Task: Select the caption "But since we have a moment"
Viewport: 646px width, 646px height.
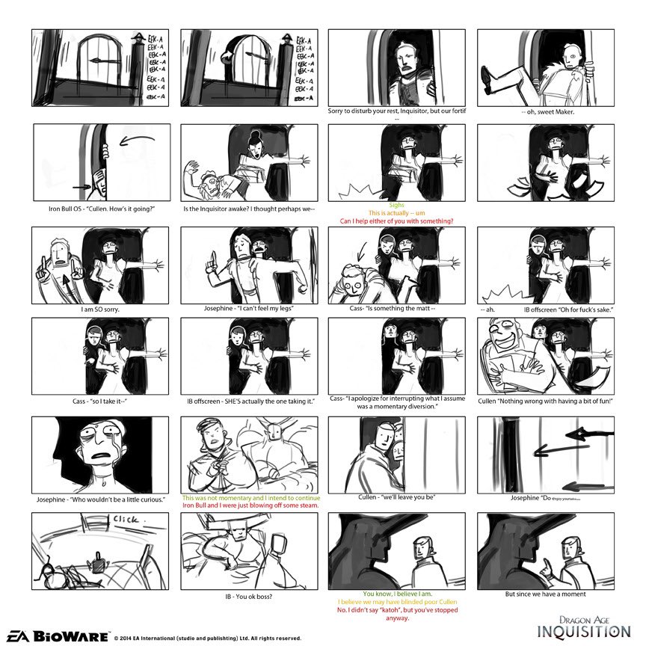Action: [545, 594]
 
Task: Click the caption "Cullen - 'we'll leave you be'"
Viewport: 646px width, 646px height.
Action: [396, 496]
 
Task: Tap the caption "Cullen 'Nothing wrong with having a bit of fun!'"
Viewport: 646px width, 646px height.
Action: [545, 401]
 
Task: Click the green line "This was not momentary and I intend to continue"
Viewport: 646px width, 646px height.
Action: [250, 497]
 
